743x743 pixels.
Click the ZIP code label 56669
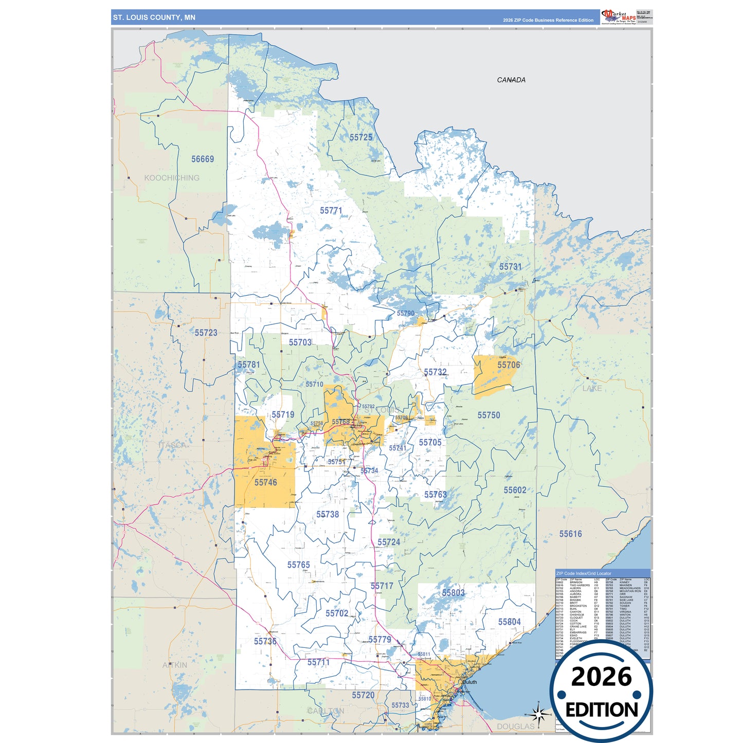pyautogui.click(x=203, y=159)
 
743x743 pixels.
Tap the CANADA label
pyautogui.click(x=511, y=80)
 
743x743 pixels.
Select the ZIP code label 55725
pyautogui.click(x=361, y=138)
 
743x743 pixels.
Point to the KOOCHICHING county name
pyautogui.click(x=172, y=178)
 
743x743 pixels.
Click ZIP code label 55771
pyautogui.click(x=331, y=211)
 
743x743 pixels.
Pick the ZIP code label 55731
pyautogui.click(x=510, y=267)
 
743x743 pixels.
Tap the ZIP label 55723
pyautogui.click(x=206, y=333)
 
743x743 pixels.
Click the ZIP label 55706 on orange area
pyautogui.click(x=509, y=365)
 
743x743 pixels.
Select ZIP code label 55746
pyautogui.click(x=265, y=483)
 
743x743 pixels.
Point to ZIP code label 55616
pyautogui.click(x=570, y=534)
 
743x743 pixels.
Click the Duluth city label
pyautogui.click(x=469, y=682)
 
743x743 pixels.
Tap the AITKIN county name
pyautogui.click(x=175, y=665)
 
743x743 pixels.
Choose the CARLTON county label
pyautogui.click(x=325, y=711)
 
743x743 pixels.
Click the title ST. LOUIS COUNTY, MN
pyautogui.click(x=154, y=17)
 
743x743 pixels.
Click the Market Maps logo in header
pyautogui.click(x=618, y=16)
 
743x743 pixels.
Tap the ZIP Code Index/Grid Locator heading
pyautogui.click(x=584, y=573)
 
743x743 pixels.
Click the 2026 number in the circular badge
pyautogui.click(x=601, y=677)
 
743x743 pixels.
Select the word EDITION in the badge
pyautogui.click(x=602, y=710)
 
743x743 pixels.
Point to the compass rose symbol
pyautogui.click(x=538, y=714)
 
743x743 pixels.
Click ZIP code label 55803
pyautogui.click(x=453, y=593)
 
